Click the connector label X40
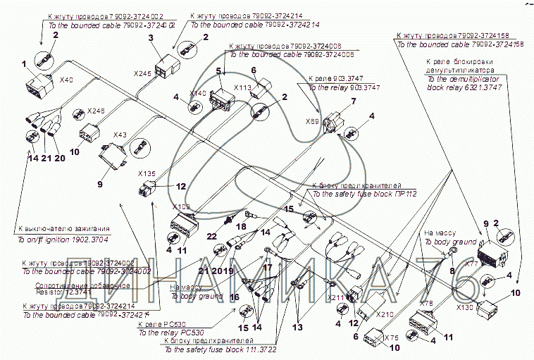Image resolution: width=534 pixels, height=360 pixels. tap(67, 80)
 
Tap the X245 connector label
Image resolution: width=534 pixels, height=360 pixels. tap(142, 73)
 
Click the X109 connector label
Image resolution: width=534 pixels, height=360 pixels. tap(181, 207)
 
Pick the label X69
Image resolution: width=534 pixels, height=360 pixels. tap(312, 122)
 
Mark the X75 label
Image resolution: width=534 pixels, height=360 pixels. tap(392, 337)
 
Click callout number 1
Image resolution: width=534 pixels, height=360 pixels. tap(23, 64)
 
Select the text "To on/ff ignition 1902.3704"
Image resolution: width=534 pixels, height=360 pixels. tap(63, 239)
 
